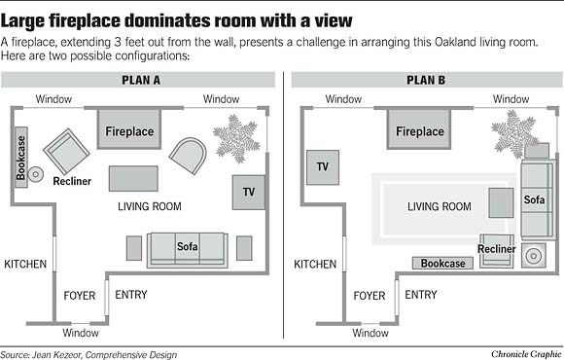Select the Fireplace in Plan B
pyautogui.click(x=419, y=130)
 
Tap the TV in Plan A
pyautogui.click(x=248, y=190)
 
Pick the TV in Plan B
pyautogui.click(x=322, y=167)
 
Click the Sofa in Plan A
pyautogui.click(x=187, y=248)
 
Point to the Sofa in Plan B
pyautogui.click(x=535, y=200)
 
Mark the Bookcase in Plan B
pyautogui.click(x=442, y=264)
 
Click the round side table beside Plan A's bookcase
pyautogui.click(x=36, y=174)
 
